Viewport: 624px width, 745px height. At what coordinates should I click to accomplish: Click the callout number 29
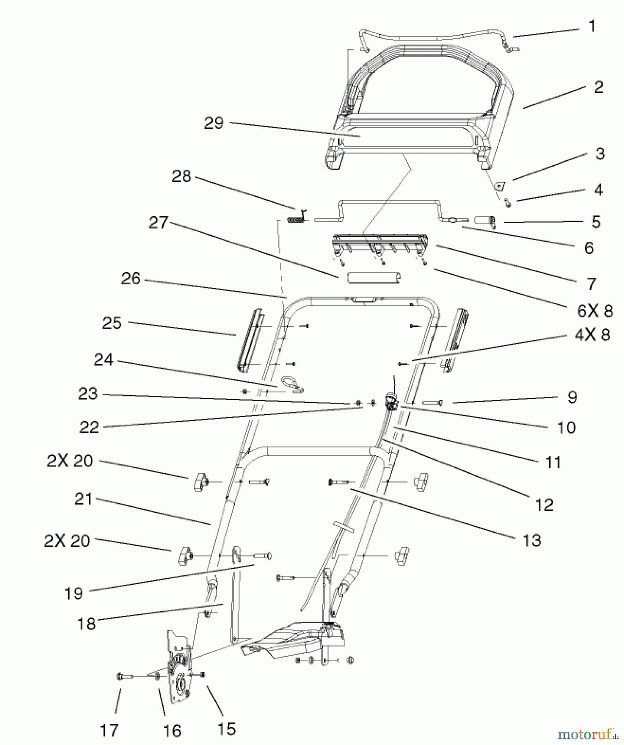pos(214,123)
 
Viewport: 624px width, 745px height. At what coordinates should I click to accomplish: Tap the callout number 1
pos(592,26)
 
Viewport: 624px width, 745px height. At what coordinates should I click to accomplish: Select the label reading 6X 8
pos(595,311)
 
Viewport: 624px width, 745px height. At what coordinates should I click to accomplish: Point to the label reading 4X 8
pos(592,335)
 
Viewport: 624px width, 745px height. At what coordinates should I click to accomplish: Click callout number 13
pos(532,540)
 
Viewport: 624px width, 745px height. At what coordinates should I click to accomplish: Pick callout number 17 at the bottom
pos(109,731)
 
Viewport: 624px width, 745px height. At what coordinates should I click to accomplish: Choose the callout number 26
pos(131,279)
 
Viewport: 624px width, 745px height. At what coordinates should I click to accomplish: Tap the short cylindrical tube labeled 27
pos(374,277)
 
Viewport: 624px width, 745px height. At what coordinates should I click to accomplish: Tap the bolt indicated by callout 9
pos(433,402)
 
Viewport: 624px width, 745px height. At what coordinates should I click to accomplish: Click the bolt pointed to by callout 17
pos(124,677)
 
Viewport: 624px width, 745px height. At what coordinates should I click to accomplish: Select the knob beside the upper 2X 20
pos(199,481)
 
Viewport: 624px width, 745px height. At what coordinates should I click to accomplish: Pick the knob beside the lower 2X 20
pos(184,556)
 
